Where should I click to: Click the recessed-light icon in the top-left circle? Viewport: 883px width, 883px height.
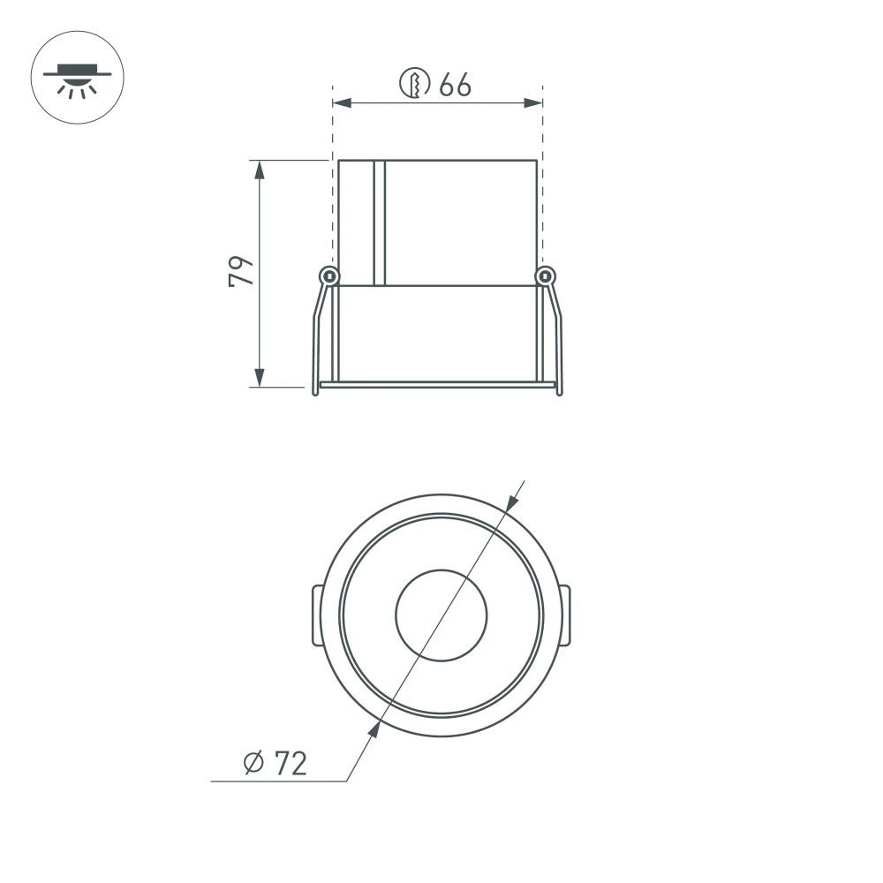click(x=78, y=78)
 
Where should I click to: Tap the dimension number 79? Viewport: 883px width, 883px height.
click(x=240, y=271)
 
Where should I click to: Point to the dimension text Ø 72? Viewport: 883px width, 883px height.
click(x=275, y=762)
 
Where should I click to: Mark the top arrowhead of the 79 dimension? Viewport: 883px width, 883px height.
click(x=259, y=170)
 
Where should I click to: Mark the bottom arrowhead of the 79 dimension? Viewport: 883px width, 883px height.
click(x=259, y=377)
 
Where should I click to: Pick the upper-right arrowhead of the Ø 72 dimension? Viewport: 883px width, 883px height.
click(x=511, y=502)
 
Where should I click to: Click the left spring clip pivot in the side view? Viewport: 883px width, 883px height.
click(x=328, y=276)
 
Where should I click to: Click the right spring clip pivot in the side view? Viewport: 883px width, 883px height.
click(x=546, y=276)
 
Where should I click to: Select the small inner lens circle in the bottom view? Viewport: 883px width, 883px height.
click(x=441, y=615)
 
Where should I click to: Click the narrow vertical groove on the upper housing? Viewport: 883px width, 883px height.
click(x=380, y=223)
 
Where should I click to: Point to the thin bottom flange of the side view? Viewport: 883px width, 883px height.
click(x=437, y=385)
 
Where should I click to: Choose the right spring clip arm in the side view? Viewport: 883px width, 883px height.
click(x=556, y=336)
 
